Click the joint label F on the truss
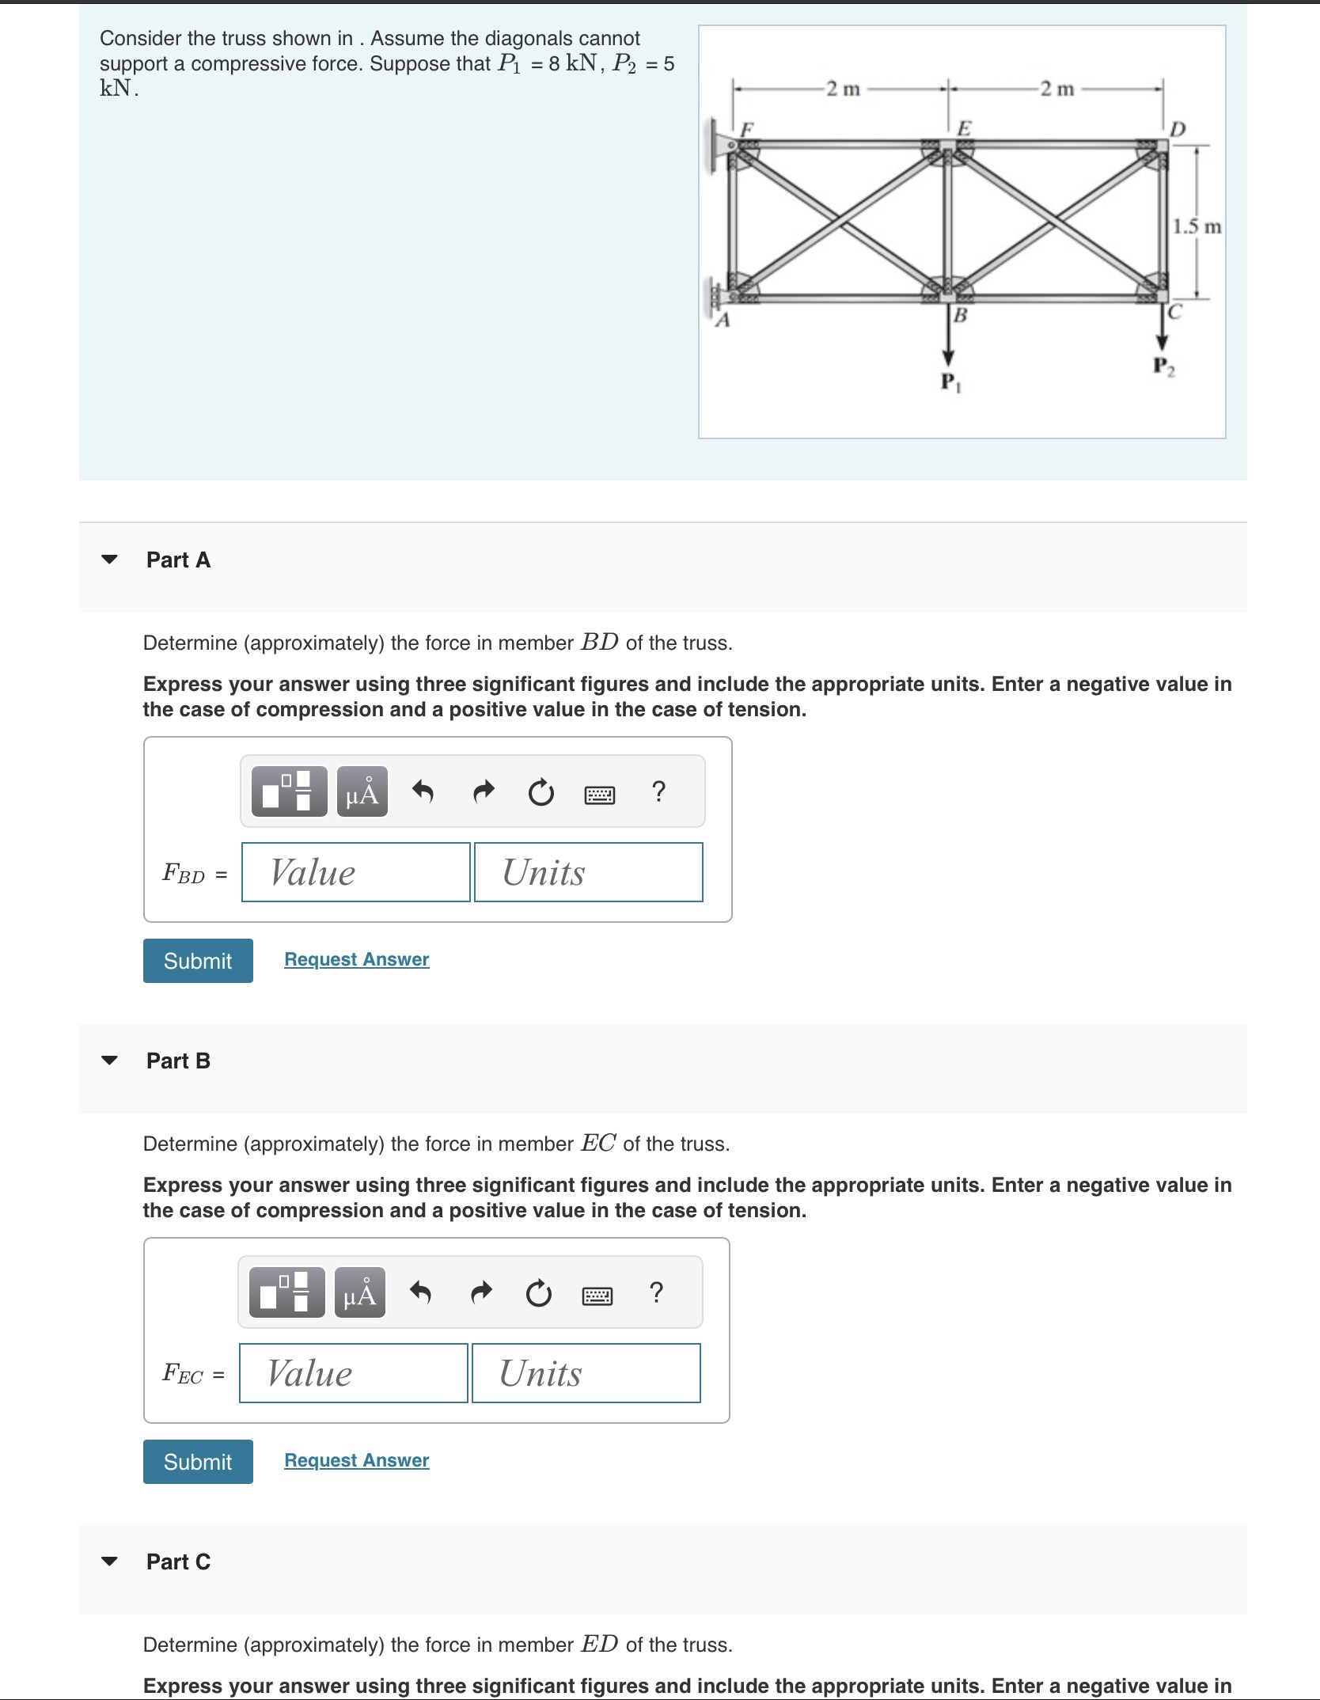(x=747, y=127)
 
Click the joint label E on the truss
(x=964, y=127)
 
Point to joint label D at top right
(x=1178, y=129)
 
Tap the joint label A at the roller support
(x=722, y=321)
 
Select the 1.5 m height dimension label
(x=1197, y=227)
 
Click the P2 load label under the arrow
(x=1163, y=366)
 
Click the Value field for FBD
(x=356, y=872)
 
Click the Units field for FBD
(x=588, y=872)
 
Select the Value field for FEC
(x=354, y=1373)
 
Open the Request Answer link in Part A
(x=356, y=959)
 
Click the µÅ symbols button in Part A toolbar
(x=362, y=791)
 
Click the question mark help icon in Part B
(x=655, y=1292)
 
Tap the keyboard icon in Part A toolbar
(x=599, y=794)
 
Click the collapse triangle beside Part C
(x=110, y=1561)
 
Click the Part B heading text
(x=178, y=1061)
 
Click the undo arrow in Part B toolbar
(x=420, y=1292)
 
